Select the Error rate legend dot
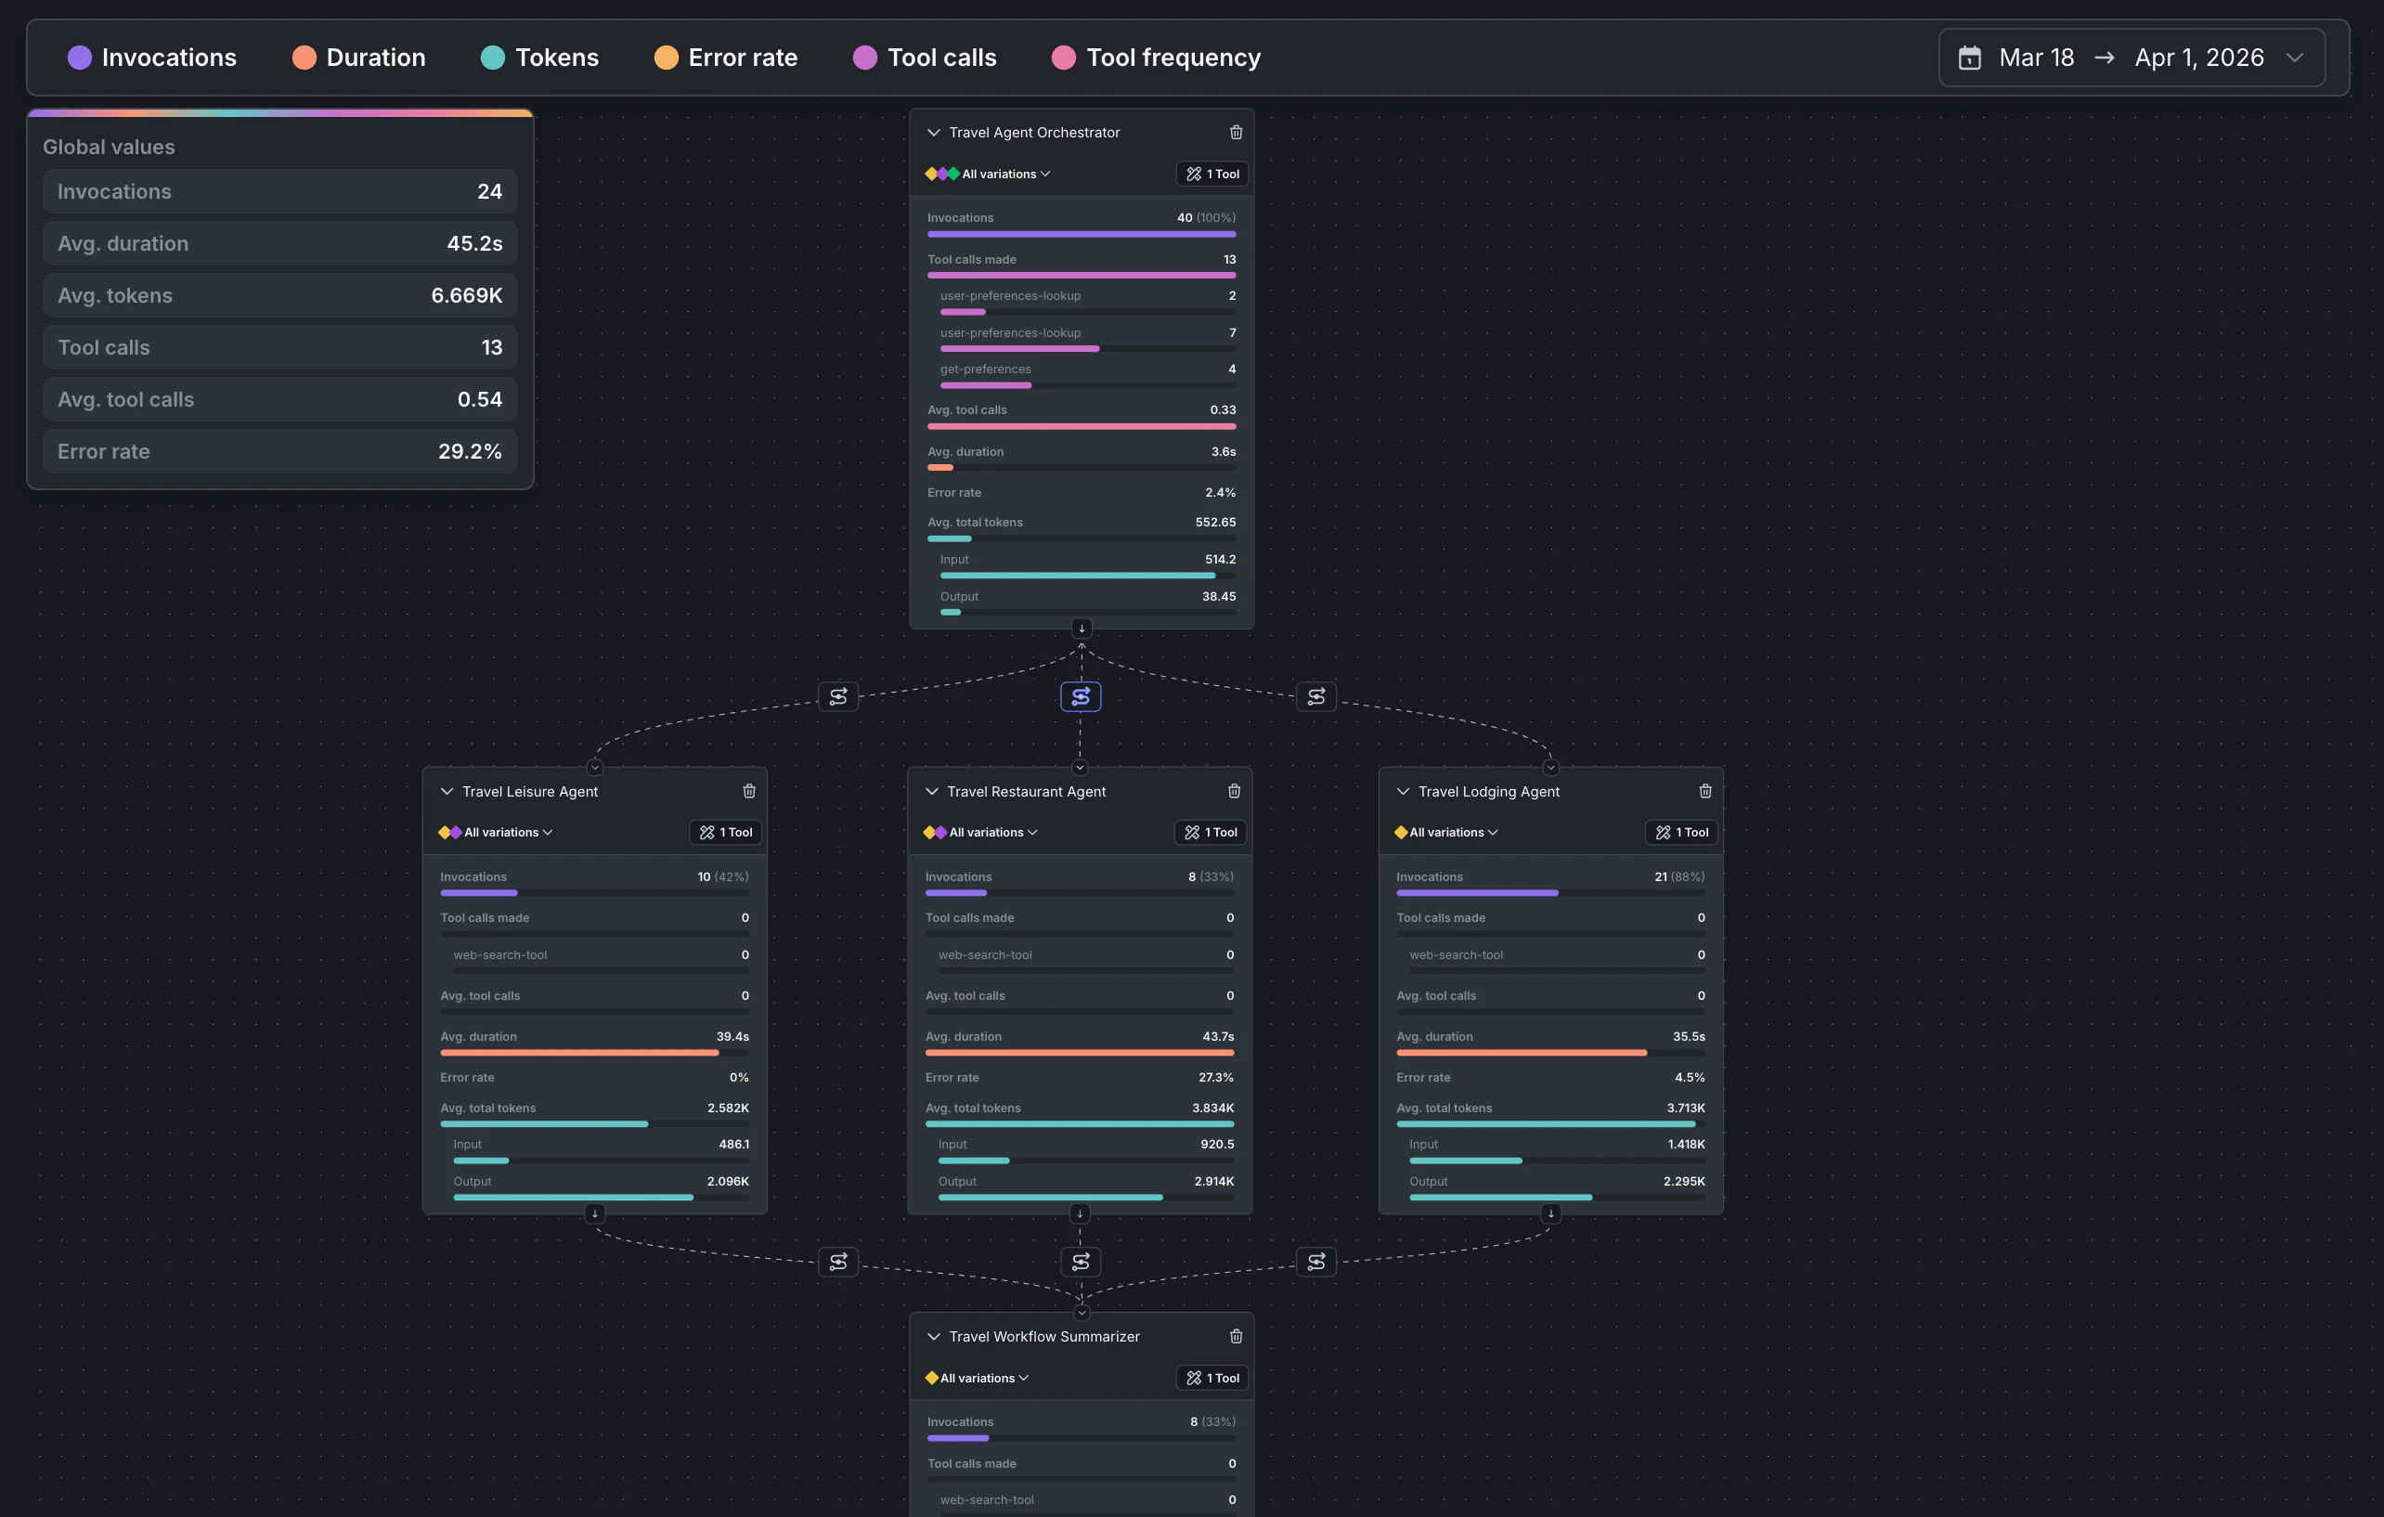click(666, 58)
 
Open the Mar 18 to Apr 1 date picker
click(2131, 58)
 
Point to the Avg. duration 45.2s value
click(474, 243)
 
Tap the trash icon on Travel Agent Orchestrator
click(1236, 133)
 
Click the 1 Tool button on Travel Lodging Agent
click(1681, 833)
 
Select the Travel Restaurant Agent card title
click(1026, 791)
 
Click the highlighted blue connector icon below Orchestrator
click(1080, 697)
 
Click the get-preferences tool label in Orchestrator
click(985, 370)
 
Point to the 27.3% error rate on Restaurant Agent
click(1216, 1077)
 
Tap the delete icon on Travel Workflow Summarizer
click(1236, 1337)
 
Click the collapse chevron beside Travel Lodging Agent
click(1403, 791)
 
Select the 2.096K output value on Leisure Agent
click(728, 1181)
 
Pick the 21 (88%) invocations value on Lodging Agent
click(1679, 876)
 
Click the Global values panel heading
click(109, 147)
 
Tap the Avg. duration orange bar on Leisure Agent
click(579, 1053)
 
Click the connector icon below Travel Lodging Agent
click(1315, 1262)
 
